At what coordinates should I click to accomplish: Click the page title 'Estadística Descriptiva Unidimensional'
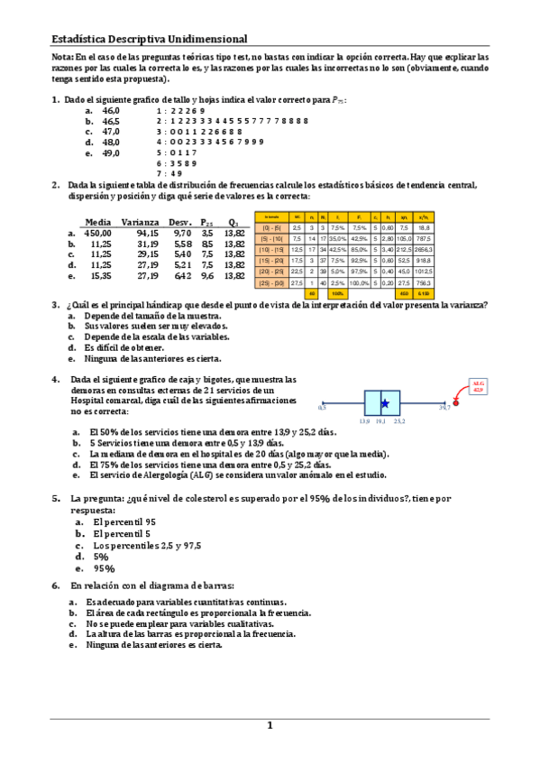click(x=149, y=39)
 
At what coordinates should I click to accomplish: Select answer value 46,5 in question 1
click(x=111, y=120)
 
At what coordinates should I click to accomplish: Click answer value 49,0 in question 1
click(x=111, y=152)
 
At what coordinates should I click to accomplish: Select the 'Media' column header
click(x=97, y=222)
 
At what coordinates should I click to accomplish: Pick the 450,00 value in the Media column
click(x=97, y=233)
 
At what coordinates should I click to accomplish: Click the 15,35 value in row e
click(x=100, y=276)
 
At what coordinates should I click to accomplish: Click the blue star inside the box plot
click(x=385, y=403)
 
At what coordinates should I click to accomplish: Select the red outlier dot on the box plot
click(x=455, y=403)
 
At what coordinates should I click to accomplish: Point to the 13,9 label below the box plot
click(x=364, y=421)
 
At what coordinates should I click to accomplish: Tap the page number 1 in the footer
click(x=269, y=725)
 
